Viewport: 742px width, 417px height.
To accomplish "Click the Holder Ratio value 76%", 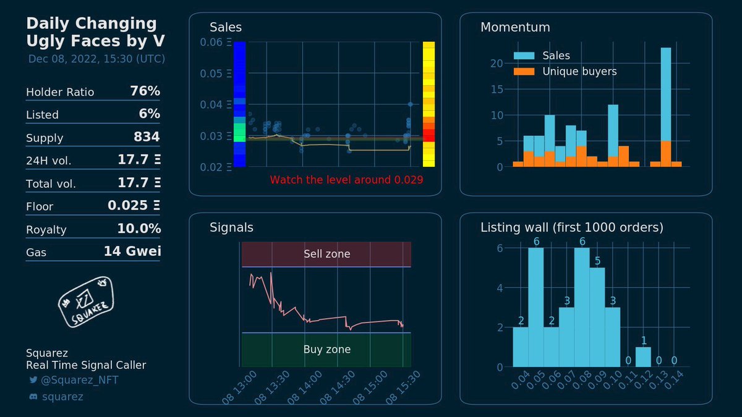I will (x=145, y=91).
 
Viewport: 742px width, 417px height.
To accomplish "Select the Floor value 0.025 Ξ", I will (x=134, y=206).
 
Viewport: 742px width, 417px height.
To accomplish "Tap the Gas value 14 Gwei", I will (x=132, y=252).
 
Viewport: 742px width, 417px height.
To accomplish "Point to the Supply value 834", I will (x=147, y=137).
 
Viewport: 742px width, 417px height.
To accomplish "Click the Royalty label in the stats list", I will (x=46, y=230).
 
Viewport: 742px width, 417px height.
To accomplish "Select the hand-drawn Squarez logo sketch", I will (x=87, y=302).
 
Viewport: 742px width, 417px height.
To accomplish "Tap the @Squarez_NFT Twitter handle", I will (x=79, y=381).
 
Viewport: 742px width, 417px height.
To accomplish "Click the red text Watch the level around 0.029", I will (x=346, y=180).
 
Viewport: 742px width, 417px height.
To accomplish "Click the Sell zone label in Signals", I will (x=326, y=254).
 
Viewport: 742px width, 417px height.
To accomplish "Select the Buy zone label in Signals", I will (x=326, y=350).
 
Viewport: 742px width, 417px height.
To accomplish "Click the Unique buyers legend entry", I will (x=579, y=72).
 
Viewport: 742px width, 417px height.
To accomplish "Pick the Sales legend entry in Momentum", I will (x=556, y=56).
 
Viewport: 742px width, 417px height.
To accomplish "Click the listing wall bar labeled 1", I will (x=643, y=357).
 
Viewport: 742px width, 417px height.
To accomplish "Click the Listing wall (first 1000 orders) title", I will (x=571, y=228).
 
